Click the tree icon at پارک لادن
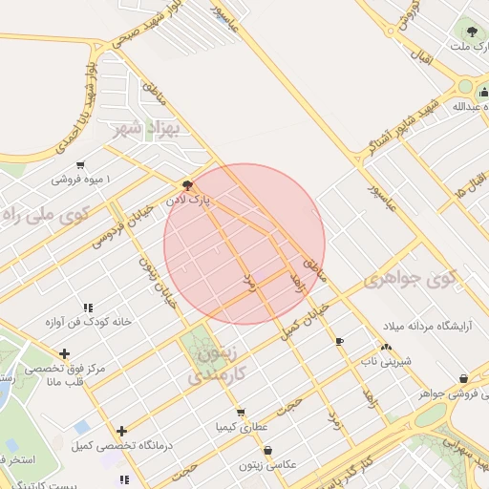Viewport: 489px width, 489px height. click(x=186, y=183)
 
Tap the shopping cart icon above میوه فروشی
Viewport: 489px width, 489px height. click(x=80, y=164)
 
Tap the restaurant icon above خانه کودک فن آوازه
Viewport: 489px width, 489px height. click(x=87, y=308)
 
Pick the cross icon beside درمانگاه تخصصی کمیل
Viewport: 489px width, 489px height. click(x=121, y=431)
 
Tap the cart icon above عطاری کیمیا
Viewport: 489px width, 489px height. click(x=240, y=413)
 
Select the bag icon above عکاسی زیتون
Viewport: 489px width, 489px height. click(x=267, y=450)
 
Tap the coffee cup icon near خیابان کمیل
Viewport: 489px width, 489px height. click(x=339, y=341)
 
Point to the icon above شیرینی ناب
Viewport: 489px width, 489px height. click(x=386, y=348)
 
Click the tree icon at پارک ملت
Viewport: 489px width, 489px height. click(x=466, y=30)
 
